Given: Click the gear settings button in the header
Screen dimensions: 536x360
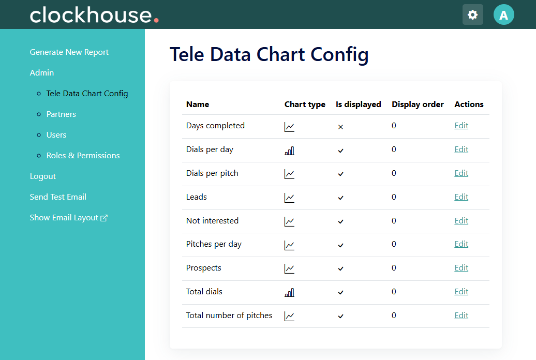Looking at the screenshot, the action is coord(473,14).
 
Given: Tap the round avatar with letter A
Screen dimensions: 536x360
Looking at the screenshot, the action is coord(504,14).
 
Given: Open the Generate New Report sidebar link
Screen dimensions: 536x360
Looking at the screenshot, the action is coord(69,52).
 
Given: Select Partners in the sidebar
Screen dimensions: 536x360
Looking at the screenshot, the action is coord(61,114).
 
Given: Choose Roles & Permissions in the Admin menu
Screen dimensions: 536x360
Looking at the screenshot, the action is coord(83,156).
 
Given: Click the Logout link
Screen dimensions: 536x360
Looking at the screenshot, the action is coord(43,176).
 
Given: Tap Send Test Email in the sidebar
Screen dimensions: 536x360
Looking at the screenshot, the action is coord(58,197).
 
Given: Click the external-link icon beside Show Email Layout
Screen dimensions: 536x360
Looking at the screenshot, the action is coord(104,218).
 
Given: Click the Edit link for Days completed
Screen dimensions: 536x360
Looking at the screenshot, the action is coord(461,126).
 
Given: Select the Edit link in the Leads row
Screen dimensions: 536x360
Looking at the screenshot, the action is coord(461,197).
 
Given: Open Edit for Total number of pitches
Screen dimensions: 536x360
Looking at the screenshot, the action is coord(461,315).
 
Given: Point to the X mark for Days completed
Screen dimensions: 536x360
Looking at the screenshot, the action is coord(340,127).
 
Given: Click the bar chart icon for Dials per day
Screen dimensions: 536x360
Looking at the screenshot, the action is coord(290,151).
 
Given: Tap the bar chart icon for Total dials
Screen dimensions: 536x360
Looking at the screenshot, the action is coord(290,293).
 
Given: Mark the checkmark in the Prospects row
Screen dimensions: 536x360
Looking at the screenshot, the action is coord(340,269).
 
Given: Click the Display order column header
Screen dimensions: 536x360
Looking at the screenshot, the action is coord(418,104).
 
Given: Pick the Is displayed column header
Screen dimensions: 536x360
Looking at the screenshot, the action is coord(358,104).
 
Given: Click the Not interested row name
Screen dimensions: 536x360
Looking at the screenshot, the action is coord(212,220).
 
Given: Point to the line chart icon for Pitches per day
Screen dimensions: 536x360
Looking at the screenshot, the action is coord(289,245).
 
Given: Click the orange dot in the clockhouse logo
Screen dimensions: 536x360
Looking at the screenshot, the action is coord(156,20).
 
